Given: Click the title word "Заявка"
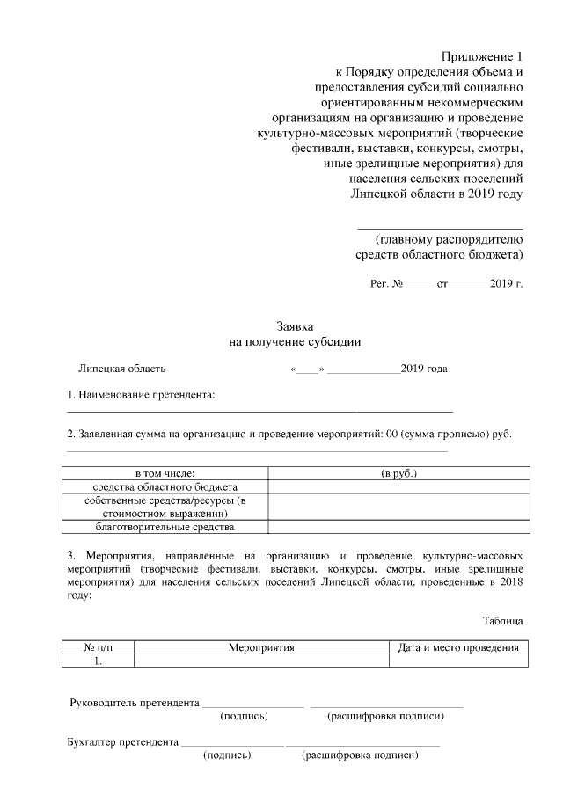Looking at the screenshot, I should (x=295, y=325).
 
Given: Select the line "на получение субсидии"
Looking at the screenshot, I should (x=295, y=341).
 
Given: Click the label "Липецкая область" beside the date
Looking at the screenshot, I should (x=121, y=369).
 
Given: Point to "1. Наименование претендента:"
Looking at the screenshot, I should (x=142, y=396).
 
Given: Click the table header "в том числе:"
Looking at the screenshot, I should (x=165, y=473).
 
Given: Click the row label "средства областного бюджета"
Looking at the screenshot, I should (x=165, y=486).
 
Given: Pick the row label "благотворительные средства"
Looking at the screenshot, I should (x=165, y=527).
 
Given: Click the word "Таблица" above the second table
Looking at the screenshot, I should (x=502, y=620).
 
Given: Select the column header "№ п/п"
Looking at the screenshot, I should (x=99, y=647).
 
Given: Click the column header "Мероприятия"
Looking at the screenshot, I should (x=260, y=647).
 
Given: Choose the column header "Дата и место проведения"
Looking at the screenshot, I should (x=457, y=647).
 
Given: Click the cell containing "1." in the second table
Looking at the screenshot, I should (x=99, y=661).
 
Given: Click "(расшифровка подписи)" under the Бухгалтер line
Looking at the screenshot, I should (x=358, y=756).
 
